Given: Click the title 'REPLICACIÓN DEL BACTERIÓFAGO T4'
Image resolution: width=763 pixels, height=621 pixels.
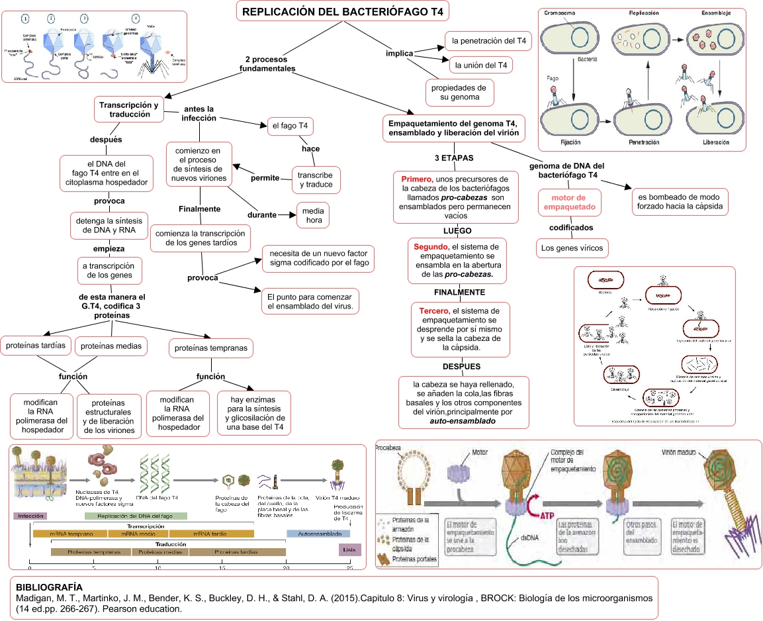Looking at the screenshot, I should coord(343,12).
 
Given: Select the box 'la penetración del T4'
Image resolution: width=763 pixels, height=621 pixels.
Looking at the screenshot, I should coord(488,41).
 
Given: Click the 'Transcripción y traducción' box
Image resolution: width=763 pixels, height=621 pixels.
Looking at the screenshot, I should coord(129,110).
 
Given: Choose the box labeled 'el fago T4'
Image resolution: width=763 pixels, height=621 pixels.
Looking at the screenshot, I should coord(291,126).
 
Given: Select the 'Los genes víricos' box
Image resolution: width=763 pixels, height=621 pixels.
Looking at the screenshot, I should coord(571,249).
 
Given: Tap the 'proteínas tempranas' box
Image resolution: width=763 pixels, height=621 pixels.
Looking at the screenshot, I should coord(211,348).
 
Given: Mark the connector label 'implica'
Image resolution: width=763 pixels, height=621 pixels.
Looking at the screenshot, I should coord(400,54).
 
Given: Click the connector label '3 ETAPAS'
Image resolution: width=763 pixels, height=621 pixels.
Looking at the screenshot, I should coord(454,158).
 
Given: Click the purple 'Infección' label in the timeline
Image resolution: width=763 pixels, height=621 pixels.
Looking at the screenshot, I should coord(31,516).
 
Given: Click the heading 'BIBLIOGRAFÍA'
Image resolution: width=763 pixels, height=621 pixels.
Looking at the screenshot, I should coord(49,587).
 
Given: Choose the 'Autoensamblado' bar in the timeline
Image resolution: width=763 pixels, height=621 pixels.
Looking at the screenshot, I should coord(318,533).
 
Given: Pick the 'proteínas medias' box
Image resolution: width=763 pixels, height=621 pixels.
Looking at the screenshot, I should coord(111,346).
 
